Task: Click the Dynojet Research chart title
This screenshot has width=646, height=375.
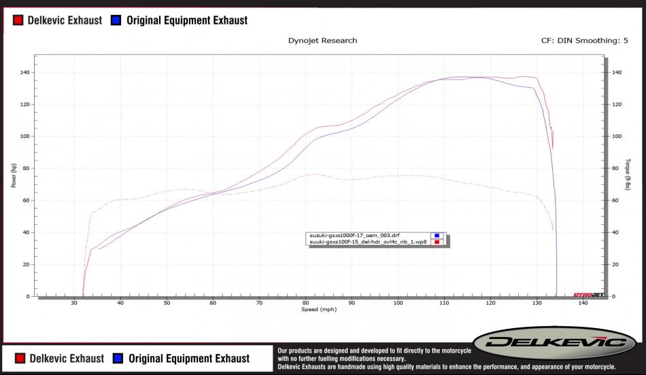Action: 323,41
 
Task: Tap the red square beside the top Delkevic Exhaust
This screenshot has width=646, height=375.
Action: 18,20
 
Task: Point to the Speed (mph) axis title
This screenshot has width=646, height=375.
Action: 318,309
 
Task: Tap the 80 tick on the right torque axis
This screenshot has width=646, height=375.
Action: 616,168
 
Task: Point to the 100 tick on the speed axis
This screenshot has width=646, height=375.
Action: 398,303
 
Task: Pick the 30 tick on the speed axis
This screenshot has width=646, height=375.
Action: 74,303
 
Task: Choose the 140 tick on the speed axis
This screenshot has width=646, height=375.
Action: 583,303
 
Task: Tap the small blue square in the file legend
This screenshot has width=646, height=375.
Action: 438,236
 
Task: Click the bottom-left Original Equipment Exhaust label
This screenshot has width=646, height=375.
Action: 188,358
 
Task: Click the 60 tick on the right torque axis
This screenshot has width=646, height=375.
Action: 615,200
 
